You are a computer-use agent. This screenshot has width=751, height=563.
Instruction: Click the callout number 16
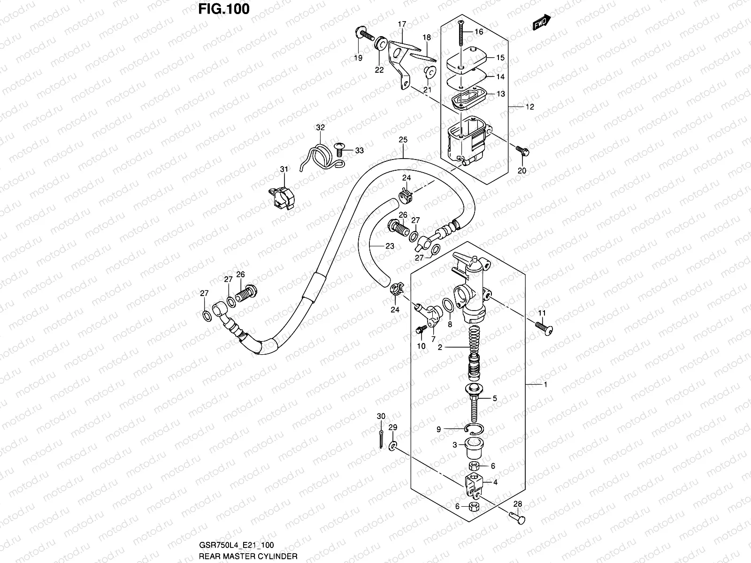[x=478, y=32]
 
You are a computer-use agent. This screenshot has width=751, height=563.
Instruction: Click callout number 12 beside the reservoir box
[x=529, y=107]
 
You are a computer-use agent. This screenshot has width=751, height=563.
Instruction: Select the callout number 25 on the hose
[x=403, y=140]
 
